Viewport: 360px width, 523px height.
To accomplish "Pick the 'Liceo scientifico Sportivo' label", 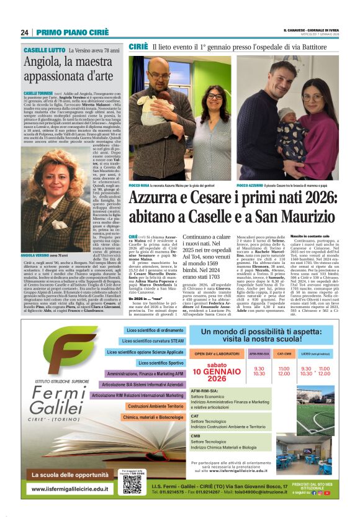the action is (160, 363).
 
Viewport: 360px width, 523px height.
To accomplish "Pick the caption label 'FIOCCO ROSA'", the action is (142, 185).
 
